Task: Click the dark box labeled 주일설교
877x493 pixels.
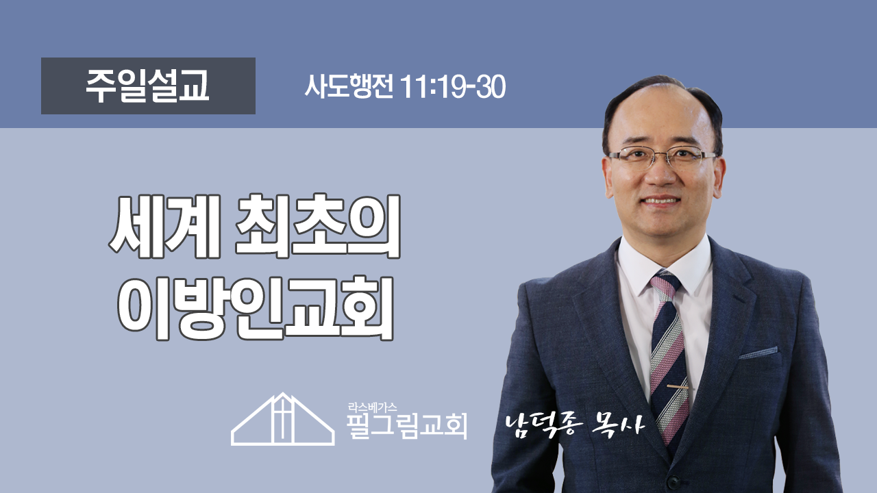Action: click(x=148, y=86)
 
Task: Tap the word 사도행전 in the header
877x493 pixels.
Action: click(x=349, y=86)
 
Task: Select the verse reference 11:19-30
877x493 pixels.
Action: click(x=453, y=87)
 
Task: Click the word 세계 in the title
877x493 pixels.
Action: click(x=164, y=226)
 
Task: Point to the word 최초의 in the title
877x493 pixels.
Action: click(x=318, y=226)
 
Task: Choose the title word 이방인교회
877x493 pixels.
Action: click(x=256, y=308)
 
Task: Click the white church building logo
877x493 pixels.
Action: click(x=283, y=418)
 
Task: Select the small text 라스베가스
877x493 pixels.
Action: click(x=372, y=407)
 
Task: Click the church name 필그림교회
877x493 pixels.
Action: click(x=407, y=426)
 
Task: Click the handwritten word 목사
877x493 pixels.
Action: click(x=619, y=424)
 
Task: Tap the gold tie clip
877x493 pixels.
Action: click(x=678, y=387)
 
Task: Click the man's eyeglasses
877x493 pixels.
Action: click(x=663, y=157)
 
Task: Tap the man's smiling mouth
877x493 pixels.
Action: click(x=661, y=200)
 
